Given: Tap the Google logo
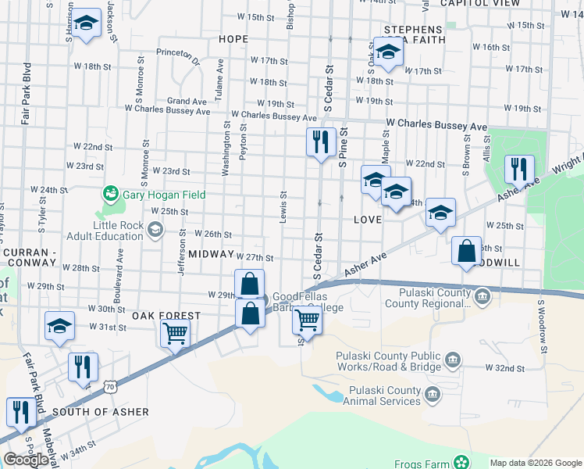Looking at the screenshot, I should pyautogui.click(x=26, y=460).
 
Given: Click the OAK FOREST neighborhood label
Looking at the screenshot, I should pyautogui.click(x=166, y=316).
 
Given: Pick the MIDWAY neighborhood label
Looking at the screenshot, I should pyautogui.click(x=211, y=255).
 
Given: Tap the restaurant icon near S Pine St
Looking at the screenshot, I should pyautogui.click(x=321, y=142).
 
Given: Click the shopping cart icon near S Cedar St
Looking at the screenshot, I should pyautogui.click(x=308, y=319).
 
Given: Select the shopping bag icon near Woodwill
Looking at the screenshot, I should pyautogui.click(x=467, y=252).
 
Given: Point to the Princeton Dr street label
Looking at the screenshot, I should pyautogui.click(x=179, y=53).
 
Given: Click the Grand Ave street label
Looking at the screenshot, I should pyautogui.click(x=187, y=101).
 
